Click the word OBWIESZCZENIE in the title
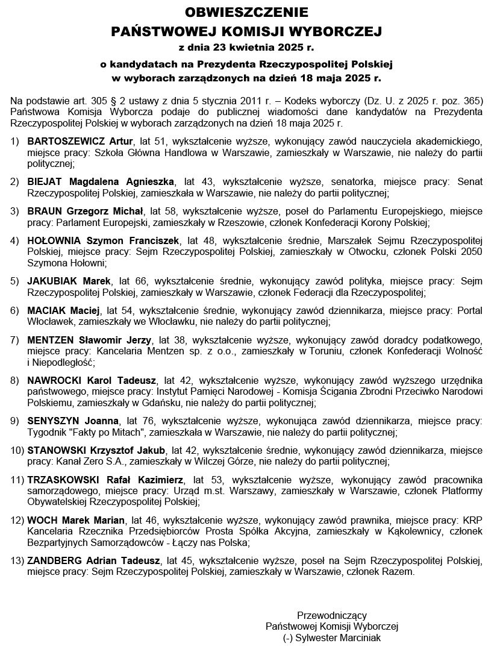click(x=246, y=11)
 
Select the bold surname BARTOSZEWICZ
click(x=63, y=141)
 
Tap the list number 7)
click(x=14, y=339)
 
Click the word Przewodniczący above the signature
click(x=331, y=615)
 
